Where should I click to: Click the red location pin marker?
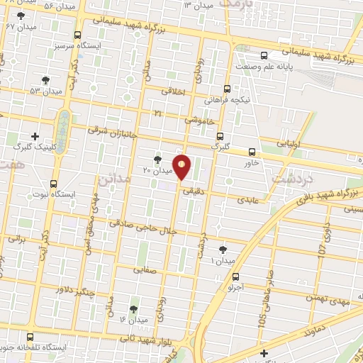182,167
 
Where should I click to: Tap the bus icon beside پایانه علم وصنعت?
264,55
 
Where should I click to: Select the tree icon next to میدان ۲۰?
157,160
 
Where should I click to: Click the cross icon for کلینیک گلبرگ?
35,135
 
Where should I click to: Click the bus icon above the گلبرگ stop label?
220,135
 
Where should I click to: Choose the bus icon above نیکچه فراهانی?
227,89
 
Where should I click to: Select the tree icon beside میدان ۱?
223,249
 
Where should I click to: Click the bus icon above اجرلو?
236,277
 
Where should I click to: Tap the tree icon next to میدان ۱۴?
133,309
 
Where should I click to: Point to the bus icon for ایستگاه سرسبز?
78,34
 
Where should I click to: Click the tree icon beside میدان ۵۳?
46,80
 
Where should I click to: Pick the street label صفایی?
145,269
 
